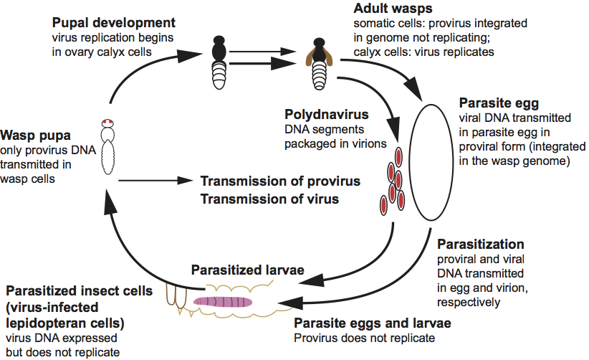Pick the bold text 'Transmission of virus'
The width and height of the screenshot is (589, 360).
coord(268,199)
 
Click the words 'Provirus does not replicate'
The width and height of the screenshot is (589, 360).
coord(365,337)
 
